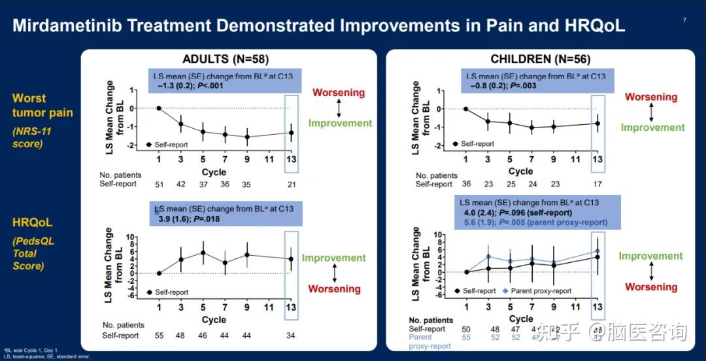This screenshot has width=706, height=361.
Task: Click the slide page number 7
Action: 684,20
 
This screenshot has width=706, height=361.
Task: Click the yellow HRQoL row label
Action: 33,224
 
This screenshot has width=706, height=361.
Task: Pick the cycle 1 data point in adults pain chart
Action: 159,108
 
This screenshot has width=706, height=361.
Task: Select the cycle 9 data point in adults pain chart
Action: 247,137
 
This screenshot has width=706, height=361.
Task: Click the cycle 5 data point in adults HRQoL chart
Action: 203,252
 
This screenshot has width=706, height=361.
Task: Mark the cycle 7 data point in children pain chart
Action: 532,128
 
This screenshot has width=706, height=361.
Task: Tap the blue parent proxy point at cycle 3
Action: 488,256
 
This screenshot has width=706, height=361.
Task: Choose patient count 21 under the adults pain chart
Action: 292,184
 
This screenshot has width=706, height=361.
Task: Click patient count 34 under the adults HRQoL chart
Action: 292,335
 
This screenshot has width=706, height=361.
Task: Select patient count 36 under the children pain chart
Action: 466,184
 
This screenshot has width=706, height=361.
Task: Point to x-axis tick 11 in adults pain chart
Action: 269,159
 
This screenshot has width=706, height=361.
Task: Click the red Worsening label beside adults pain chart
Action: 338,92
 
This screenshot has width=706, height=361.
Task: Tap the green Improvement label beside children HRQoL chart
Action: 650,256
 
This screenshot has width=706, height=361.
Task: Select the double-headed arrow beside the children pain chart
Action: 651,112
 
